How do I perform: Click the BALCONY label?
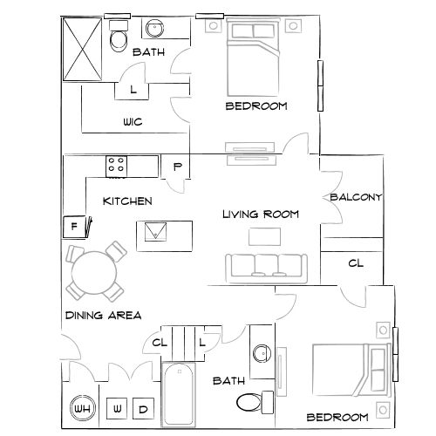click(356, 198)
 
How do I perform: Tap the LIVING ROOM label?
click(261, 214)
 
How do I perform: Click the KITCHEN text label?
click(127, 201)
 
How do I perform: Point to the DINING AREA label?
click(103, 315)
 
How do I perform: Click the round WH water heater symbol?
click(82, 409)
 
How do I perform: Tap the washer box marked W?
click(118, 409)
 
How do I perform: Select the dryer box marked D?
click(144, 409)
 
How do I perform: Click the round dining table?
click(92, 272)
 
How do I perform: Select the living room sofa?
click(265, 266)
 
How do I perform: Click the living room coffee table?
click(265, 236)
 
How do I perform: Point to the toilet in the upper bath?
click(119, 38)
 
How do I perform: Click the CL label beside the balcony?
click(356, 263)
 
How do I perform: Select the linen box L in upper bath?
click(133, 88)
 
